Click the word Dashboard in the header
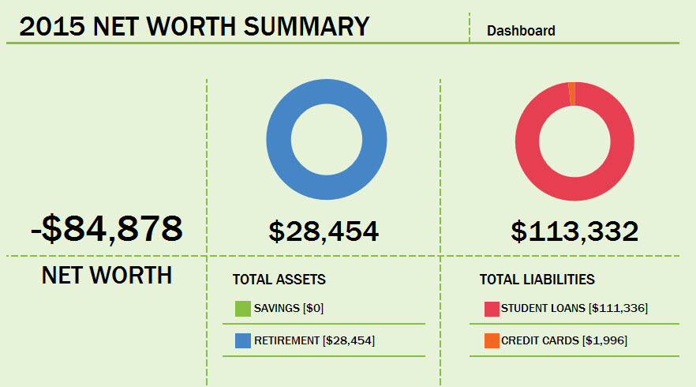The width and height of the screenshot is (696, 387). coord(521,31)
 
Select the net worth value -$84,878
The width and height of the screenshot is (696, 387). coord(107,228)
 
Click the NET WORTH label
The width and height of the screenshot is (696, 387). coord(107,275)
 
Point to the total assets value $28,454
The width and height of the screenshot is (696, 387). coord(324,231)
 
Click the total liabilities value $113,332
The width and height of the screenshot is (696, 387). coord(574,231)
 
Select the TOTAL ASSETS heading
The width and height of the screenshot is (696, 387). coord(279,280)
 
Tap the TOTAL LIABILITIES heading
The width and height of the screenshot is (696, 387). coord(537,280)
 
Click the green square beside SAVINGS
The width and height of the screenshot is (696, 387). coord(242,308)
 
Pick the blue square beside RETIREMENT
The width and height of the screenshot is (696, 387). coord(242,340)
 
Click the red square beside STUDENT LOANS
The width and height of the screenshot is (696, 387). coord(491,308)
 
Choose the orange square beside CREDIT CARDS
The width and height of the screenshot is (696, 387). coord(491,340)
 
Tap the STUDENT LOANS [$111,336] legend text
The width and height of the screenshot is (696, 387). coord(574,308)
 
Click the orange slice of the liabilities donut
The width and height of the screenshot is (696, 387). coord(571,93)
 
